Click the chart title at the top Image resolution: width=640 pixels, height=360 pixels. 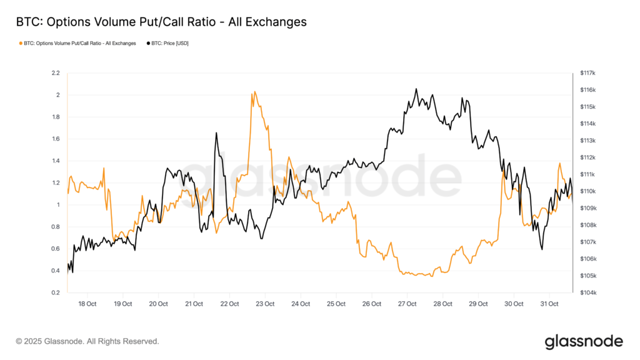coord(161,22)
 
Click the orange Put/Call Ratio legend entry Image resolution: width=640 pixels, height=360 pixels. coord(78,43)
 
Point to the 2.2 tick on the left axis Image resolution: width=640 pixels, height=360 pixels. coord(55,73)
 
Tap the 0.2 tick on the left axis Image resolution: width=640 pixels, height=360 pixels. coord(55,292)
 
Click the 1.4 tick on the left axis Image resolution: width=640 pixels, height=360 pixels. coord(55,161)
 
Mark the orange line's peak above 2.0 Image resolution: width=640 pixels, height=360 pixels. coord(254,92)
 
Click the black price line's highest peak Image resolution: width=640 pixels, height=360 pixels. coord(416,89)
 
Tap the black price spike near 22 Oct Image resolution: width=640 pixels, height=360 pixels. coord(216,133)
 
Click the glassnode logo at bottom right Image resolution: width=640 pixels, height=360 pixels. coord(584,341)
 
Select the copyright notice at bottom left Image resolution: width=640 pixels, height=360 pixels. coord(87,341)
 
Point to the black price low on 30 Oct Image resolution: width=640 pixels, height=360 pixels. coord(541,249)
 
